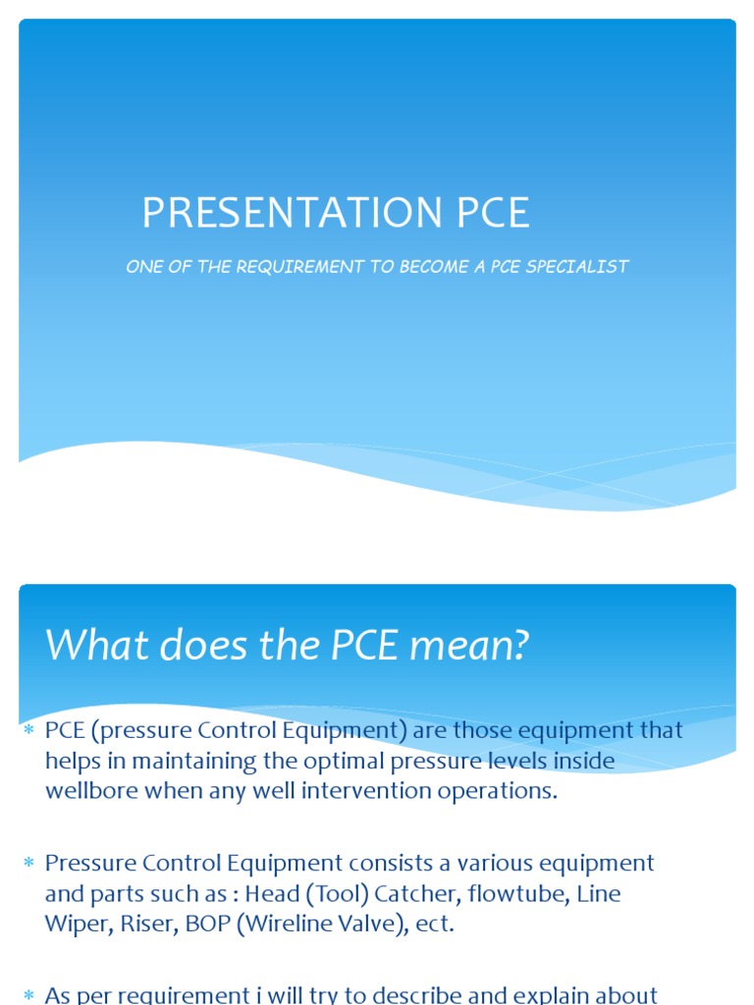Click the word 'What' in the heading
[x=90, y=645]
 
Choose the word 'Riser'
[x=160, y=924]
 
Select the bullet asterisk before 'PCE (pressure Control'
[x=29, y=730]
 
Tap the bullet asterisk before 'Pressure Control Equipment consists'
[x=29, y=863]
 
